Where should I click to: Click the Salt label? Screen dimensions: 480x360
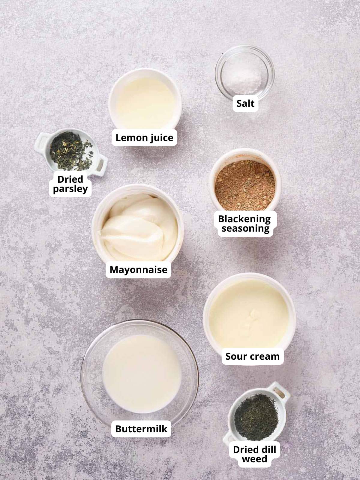(x=245, y=103)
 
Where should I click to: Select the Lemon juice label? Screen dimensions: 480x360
(x=144, y=138)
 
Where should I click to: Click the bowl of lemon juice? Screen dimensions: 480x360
(x=145, y=99)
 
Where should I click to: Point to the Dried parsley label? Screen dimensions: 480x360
(x=70, y=184)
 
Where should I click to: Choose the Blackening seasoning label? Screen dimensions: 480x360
(x=244, y=224)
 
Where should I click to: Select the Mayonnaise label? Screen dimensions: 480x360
(x=138, y=269)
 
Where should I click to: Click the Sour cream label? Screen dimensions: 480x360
(x=252, y=356)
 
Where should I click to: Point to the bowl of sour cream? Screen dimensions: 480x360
(x=249, y=318)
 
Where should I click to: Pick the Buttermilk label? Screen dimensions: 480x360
(x=141, y=429)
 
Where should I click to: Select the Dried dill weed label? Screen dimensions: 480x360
(x=254, y=454)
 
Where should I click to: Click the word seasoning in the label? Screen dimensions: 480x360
(x=245, y=229)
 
